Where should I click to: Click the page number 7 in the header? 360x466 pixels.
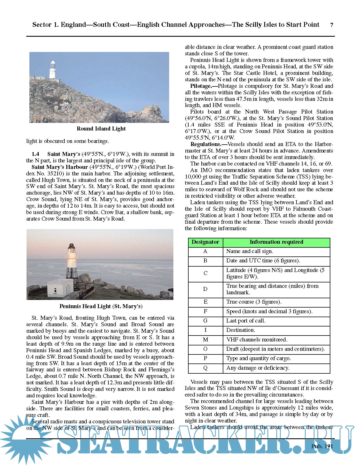click(x=332, y=25)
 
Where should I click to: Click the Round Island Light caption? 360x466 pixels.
click(x=101, y=129)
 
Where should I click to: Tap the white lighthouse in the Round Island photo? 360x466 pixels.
click(x=53, y=70)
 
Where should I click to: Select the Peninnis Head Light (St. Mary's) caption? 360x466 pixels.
click(x=101, y=306)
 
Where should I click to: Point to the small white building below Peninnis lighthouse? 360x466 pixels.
click(x=60, y=290)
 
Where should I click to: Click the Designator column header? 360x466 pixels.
click(x=205, y=242)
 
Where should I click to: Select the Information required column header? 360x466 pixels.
click(x=276, y=242)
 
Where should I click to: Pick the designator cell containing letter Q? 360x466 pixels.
click(x=205, y=368)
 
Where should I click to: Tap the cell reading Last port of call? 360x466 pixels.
click(x=246, y=321)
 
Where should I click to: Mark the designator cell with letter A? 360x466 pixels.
click(x=205, y=251)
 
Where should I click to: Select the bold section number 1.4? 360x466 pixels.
click(x=35, y=154)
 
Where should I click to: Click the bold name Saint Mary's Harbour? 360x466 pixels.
click(x=60, y=167)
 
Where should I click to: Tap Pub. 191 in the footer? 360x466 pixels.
click(x=322, y=447)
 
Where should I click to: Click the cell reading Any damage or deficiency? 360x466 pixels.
click(x=258, y=368)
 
